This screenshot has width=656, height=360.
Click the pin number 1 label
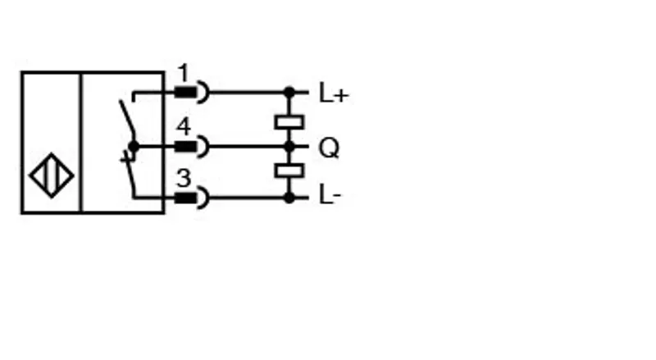point(183,73)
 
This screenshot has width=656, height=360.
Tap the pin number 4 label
point(184,126)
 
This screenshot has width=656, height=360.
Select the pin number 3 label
point(184,178)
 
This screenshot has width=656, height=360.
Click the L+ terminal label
point(334,93)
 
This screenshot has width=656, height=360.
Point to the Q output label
point(329,148)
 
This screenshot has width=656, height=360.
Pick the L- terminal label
point(330,195)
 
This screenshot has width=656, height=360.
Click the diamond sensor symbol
point(52,175)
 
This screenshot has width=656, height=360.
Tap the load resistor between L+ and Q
point(289,122)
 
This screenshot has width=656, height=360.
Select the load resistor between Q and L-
point(289,171)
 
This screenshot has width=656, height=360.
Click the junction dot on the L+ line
point(289,92)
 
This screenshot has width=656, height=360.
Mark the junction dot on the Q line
point(289,147)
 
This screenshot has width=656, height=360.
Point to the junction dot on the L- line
point(289,197)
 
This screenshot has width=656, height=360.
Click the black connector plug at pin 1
point(185,92)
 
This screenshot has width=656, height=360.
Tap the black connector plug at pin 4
point(185,147)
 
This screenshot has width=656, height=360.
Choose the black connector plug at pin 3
point(185,198)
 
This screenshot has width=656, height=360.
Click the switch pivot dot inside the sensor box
point(134,147)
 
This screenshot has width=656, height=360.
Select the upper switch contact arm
point(127,121)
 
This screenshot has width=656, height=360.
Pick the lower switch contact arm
point(130,174)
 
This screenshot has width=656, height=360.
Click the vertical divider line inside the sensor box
point(80,143)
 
